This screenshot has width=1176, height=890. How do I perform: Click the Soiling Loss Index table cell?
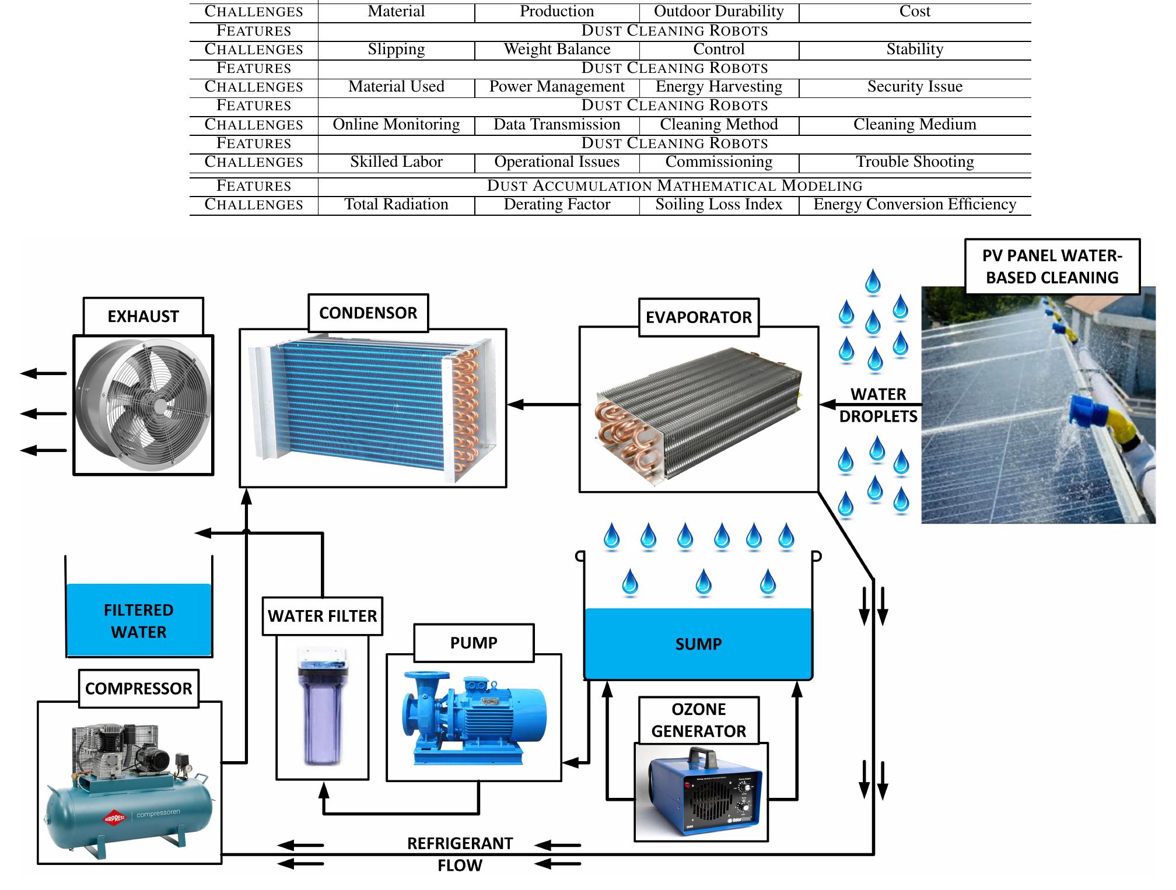tap(718, 205)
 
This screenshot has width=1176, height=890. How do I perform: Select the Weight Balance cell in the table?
tap(556, 50)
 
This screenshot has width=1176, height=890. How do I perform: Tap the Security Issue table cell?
tap(914, 87)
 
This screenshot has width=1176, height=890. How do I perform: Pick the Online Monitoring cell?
tap(396, 125)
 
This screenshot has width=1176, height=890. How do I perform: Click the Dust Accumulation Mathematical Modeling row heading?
tap(674, 186)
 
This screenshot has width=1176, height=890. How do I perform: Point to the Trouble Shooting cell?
tap(914, 162)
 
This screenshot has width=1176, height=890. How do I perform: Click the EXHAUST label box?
tap(143, 316)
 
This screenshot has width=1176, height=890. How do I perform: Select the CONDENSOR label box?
tap(368, 313)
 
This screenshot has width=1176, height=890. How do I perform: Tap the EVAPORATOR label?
tap(698, 317)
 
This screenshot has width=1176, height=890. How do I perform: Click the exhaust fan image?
tap(143, 405)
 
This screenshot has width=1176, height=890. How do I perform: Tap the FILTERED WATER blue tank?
tap(139, 621)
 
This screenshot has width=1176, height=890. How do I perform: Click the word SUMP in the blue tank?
tap(698, 644)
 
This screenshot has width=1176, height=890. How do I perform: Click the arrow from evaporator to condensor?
tap(542, 404)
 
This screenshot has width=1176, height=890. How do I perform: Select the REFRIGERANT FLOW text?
tap(460, 854)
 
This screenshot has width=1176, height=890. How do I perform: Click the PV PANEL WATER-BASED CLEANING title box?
tap(1051, 267)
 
